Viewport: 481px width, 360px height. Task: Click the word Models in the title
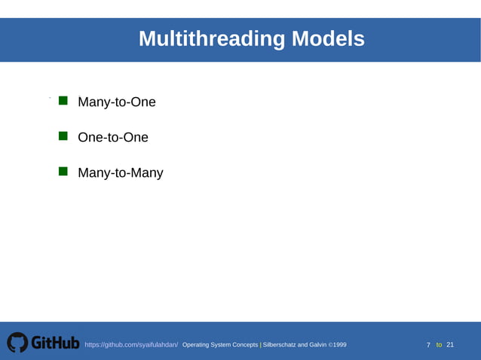coord(328,38)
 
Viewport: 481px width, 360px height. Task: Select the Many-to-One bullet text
coord(117,102)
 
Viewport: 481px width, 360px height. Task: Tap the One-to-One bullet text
coord(113,138)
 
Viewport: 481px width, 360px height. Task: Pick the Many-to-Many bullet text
coord(121,173)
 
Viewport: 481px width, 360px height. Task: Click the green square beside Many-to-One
coord(63,100)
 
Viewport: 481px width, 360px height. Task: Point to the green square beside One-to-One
coord(63,136)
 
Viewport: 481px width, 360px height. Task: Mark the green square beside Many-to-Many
coord(63,171)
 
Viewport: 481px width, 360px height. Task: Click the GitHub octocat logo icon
coord(17,343)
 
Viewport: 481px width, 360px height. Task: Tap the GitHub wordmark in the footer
coord(55,343)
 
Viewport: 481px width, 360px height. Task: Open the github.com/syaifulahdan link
coord(131,345)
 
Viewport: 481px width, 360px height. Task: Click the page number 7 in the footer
coord(428,345)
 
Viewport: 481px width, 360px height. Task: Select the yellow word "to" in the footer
coord(439,345)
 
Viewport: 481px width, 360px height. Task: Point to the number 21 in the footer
coord(450,345)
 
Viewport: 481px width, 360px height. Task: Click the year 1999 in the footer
coord(339,345)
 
